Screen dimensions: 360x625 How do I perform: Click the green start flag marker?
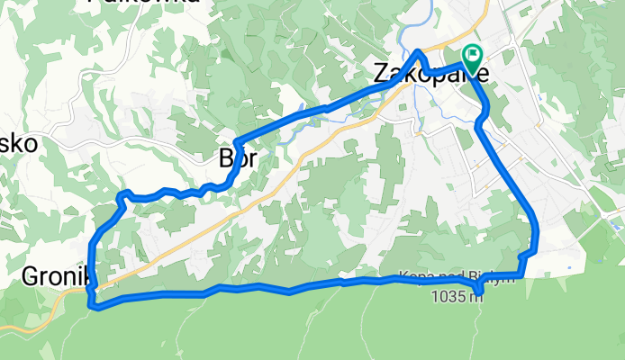tap(472, 56)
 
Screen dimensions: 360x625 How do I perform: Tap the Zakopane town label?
tap(431, 74)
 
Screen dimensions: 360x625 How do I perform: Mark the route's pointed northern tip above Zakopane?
tap(418, 51)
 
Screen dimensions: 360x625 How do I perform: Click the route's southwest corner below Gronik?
tap(94, 305)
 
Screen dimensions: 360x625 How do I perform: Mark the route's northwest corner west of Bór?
tap(121, 194)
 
